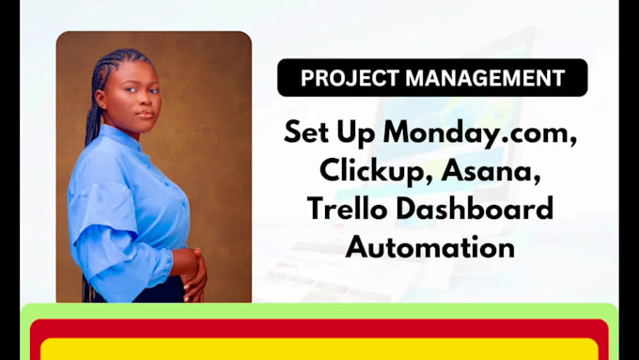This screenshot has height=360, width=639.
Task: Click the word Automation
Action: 429,247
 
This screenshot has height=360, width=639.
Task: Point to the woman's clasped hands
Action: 190,273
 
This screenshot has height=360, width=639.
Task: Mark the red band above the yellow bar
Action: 319,328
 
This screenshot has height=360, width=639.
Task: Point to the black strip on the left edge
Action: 9,179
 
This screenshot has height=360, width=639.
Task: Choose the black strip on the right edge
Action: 629,179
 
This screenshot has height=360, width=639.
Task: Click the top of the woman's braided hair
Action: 122,58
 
